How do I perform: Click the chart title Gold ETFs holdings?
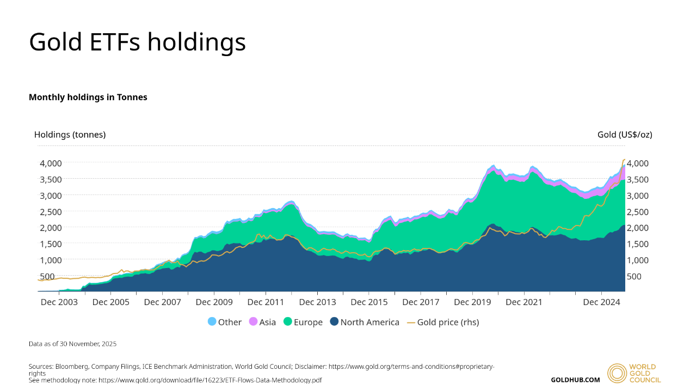[137, 42]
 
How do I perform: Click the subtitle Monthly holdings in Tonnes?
[88, 97]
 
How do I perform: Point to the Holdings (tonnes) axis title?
[70, 135]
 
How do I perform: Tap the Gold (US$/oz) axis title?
[625, 135]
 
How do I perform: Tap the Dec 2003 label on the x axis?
[59, 301]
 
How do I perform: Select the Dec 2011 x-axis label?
[265, 301]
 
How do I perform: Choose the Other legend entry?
[224, 322]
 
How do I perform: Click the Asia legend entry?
[262, 322]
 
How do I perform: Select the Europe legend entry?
[303, 322]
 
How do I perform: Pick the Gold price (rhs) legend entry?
[442, 322]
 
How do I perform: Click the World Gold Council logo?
[634, 373]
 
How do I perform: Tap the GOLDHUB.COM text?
[575, 380]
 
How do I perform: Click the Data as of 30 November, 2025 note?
[72, 344]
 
